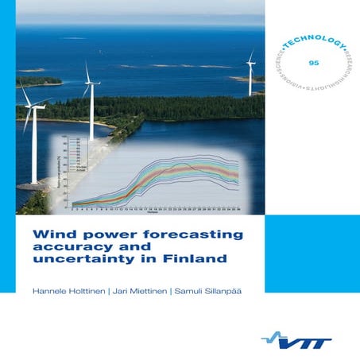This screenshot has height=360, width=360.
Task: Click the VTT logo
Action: [x=313, y=338]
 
